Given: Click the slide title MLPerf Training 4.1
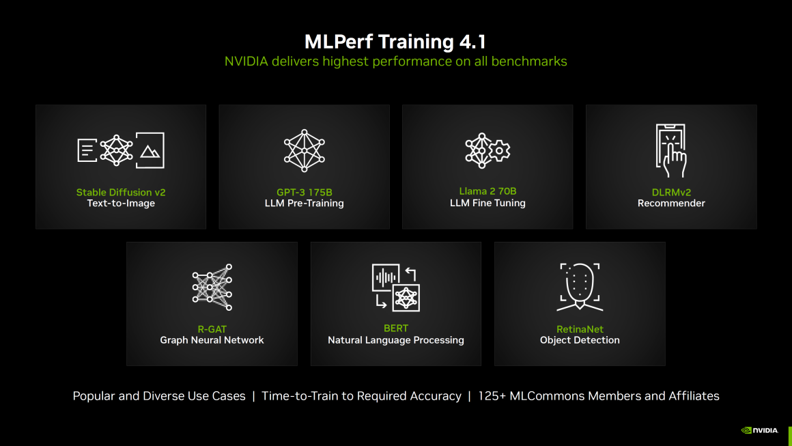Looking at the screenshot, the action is (x=395, y=42).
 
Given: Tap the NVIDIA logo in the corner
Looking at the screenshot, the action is (x=760, y=430).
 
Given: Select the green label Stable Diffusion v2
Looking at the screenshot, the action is (x=121, y=192).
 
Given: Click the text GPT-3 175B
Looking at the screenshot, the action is (x=304, y=192).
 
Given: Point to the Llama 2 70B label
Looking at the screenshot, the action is (x=487, y=191).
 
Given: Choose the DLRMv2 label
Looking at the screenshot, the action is (x=670, y=192).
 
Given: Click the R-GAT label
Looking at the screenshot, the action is (x=212, y=329).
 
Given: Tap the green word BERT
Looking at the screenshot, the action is (x=395, y=329).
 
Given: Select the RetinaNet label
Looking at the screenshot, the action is (x=580, y=329).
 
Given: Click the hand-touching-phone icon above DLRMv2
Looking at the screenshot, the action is (x=670, y=150).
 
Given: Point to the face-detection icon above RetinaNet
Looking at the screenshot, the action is (x=580, y=286).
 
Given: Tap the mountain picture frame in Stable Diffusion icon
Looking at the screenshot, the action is (x=150, y=150).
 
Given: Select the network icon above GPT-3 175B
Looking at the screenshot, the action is (x=304, y=150).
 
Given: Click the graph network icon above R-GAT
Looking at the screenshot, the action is (x=212, y=287).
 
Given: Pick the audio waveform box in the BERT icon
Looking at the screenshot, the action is (x=386, y=277).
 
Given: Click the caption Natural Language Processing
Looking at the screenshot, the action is (x=395, y=340).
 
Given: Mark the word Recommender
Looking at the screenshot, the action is (x=670, y=203).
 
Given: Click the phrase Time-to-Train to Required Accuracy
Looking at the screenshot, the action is (x=361, y=396).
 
